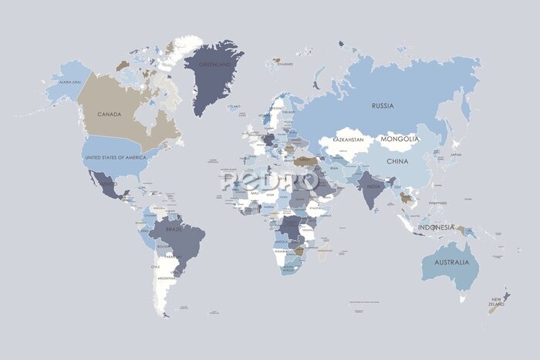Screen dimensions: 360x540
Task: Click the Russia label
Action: click(x=382, y=106)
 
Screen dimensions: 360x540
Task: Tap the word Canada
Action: click(x=110, y=114)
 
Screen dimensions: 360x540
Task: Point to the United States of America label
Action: click(x=115, y=157)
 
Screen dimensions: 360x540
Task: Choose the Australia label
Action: click(x=451, y=263)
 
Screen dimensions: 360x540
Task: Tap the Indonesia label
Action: click(x=437, y=227)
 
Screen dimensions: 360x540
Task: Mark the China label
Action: click(x=397, y=162)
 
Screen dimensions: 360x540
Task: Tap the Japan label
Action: click(x=455, y=154)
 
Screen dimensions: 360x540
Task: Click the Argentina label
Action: click(x=166, y=278)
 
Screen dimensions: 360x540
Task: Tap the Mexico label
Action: click(x=108, y=185)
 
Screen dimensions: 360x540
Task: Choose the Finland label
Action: click(x=289, y=112)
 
